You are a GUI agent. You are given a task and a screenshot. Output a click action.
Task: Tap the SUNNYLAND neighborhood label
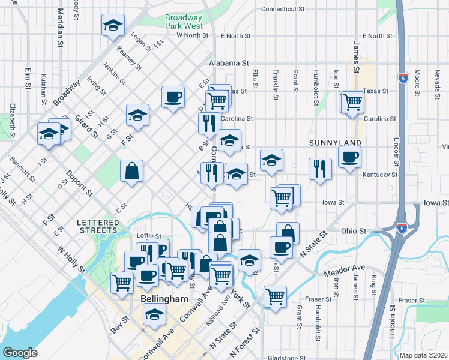(x=334, y=143)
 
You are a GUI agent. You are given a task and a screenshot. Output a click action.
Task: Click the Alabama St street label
(x=229, y=62)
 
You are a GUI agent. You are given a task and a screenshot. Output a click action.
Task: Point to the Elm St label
(x=28, y=78)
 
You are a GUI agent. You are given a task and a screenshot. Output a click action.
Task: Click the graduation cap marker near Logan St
(x=113, y=25)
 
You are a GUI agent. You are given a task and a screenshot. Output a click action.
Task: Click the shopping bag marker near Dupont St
(x=131, y=171)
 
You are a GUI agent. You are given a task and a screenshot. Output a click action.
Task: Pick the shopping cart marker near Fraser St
(x=275, y=296)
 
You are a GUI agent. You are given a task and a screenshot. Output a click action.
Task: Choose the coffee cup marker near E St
(x=173, y=97)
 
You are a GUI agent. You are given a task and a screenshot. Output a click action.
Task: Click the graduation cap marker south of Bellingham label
(x=155, y=314)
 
